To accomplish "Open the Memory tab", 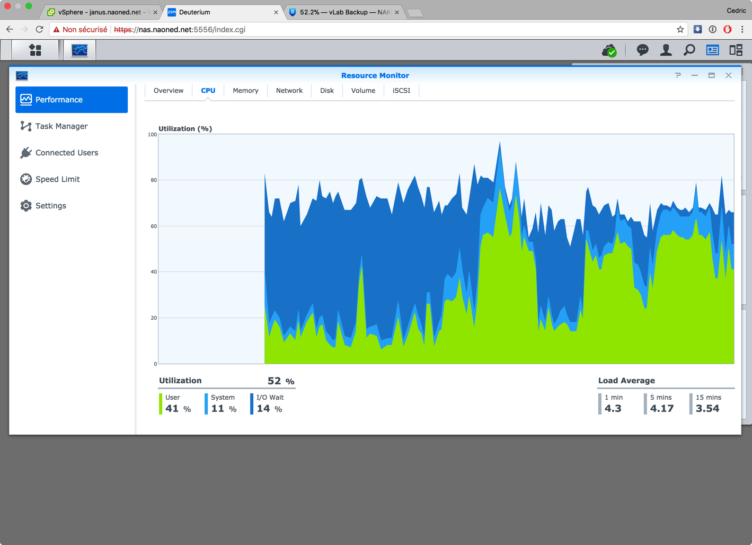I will click(x=245, y=91).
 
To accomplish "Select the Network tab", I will click(x=289, y=91).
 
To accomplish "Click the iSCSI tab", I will click(x=401, y=91).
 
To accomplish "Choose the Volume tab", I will click(x=363, y=91).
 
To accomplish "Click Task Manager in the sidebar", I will click(x=61, y=126).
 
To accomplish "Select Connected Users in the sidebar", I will click(x=67, y=153).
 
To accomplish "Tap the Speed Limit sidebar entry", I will click(x=57, y=179).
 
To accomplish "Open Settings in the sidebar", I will click(x=51, y=206).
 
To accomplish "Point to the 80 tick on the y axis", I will click(x=153, y=180).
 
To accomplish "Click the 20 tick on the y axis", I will click(x=153, y=318).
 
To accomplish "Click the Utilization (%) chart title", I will click(x=185, y=129).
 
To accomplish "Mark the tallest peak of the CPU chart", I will click(x=499, y=143).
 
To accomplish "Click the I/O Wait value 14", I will click(x=263, y=409).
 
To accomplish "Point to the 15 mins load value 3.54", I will click(x=707, y=409).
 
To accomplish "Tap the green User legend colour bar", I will click(x=161, y=403).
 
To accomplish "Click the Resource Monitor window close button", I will click(x=729, y=75).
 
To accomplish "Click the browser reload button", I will click(x=39, y=30).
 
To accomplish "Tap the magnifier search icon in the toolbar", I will click(x=689, y=50).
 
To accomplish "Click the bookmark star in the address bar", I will click(x=680, y=30).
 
